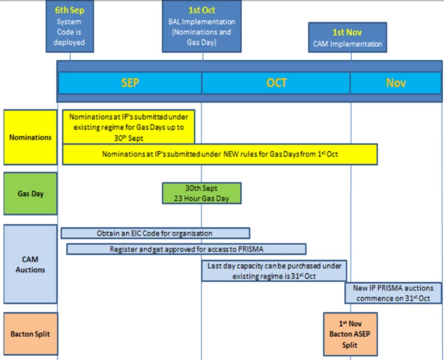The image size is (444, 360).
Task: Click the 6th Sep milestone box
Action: coord(70,27)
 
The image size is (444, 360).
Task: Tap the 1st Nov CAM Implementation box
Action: coord(347,37)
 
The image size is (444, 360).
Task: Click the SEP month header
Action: coord(130,83)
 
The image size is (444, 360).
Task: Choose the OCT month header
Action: coord(276,83)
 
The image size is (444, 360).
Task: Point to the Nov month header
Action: coord(396,83)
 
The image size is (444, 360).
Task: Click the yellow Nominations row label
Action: coord(30,137)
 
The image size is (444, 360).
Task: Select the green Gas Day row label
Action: coord(30,194)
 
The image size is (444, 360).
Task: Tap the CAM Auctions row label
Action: coord(30,264)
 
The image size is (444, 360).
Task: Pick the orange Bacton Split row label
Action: coord(30,334)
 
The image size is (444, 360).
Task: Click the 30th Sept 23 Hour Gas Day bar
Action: coord(202,193)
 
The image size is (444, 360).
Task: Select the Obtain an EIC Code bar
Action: coord(155,233)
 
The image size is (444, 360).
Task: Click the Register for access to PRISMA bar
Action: coord(186,249)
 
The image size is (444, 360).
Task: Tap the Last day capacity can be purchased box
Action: coord(274,271)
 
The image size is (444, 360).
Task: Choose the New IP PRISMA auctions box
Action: coord(392,293)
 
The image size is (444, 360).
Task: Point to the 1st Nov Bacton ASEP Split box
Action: coord(350,334)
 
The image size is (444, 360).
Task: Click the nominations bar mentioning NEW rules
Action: coord(220,154)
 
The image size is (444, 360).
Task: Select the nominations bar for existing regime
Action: coord(129,127)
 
